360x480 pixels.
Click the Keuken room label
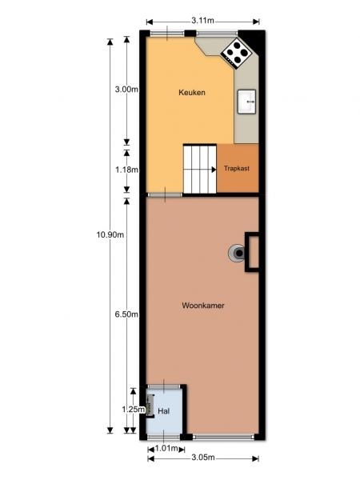(192, 93)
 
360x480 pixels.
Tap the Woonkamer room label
(203, 306)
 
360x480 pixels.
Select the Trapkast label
(237, 168)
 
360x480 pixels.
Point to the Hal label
(163, 411)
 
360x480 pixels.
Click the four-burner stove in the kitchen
(236, 52)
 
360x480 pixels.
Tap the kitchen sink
(246, 102)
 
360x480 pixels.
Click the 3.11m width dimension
(202, 21)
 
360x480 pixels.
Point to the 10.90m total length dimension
(110, 234)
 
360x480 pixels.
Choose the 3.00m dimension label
(126, 90)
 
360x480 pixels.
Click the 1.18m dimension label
(126, 170)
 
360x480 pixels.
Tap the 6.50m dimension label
(126, 314)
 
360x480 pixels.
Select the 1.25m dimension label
(133, 410)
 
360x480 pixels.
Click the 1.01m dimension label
(166, 449)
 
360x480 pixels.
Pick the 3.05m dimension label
(203, 458)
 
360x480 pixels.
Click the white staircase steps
(200, 169)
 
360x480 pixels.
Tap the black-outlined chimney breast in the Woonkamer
(252, 252)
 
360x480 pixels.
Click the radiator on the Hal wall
(150, 406)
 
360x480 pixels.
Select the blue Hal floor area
(165, 411)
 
